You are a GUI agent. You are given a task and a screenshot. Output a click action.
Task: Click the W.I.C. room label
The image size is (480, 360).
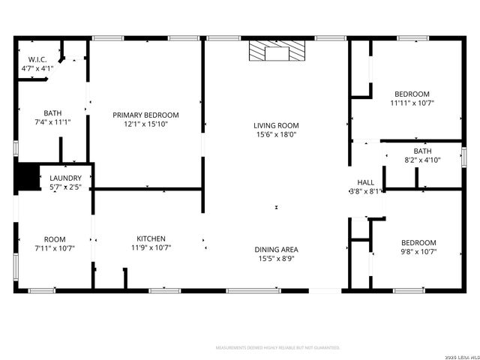[37, 59]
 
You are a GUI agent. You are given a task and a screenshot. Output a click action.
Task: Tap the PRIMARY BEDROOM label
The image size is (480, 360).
[145, 115]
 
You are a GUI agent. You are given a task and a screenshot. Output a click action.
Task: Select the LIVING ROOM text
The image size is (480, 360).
[276, 125]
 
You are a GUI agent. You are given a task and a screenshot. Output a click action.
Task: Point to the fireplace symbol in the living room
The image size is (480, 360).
[277, 52]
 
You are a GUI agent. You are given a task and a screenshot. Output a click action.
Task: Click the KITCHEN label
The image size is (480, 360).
[151, 238]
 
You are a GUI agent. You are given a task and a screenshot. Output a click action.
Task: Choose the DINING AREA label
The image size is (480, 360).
[276, 249]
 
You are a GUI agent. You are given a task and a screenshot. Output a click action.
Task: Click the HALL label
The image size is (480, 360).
[365, 182]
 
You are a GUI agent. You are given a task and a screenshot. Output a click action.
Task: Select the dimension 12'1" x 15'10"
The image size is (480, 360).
[145, 124]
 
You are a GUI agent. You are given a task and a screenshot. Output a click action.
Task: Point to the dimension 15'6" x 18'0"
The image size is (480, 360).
[276, 135]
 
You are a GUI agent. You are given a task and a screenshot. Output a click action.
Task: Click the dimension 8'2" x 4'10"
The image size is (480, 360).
[422, 160]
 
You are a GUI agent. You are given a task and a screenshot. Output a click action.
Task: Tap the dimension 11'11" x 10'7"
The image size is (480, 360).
[412, 103]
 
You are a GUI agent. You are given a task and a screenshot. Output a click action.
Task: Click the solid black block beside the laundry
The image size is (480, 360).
[27, 176]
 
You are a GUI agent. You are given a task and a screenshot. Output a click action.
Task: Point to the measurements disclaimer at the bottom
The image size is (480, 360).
[277, 348]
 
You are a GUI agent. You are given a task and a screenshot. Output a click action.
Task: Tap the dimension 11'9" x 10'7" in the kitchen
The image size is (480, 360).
[151, 247]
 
